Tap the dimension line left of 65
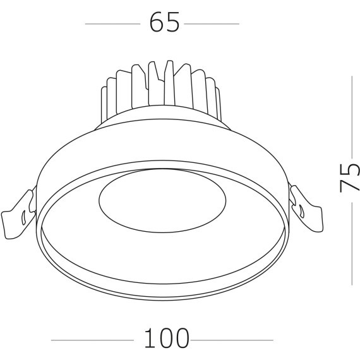pos(112,24)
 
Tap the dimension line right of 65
pos(212,24)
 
